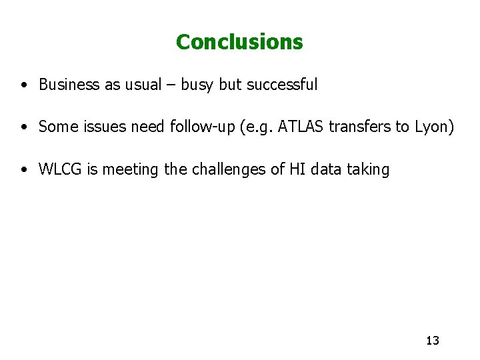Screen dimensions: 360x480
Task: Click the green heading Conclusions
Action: (x=239, y=42)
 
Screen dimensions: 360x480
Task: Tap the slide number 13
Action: (x=432, y=341)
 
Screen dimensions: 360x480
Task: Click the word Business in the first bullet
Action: (x=69, y=85)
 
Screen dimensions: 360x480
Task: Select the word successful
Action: (x=282, y=85)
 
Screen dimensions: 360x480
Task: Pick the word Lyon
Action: (x=434, y=127)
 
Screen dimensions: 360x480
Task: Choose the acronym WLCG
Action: (x=60, y=169)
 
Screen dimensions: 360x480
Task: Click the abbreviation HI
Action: (x=297, y=169)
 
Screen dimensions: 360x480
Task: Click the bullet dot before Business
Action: (x=24, y=85)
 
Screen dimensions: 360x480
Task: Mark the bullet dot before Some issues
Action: (x=24, y=127)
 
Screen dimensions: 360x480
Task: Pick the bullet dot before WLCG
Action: (x=24, y=170)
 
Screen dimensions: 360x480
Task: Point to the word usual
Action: (x=142, y=85)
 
